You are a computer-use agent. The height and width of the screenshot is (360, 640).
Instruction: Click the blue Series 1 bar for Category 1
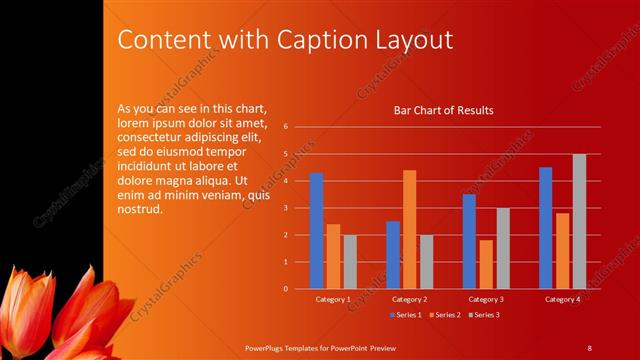(316, 231)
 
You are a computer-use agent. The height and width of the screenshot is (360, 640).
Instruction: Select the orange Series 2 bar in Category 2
(409, 229)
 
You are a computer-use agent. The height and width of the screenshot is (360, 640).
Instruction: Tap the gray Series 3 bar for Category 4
(579, 221)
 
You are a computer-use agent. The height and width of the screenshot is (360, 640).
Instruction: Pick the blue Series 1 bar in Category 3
(469, 241)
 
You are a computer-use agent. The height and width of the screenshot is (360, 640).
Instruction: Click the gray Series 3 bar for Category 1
(350, 262)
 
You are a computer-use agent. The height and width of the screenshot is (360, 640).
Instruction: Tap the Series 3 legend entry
(483, 315)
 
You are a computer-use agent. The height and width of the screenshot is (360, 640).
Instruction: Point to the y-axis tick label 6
(286, 127)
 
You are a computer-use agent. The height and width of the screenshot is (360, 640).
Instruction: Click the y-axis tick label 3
(286, 208)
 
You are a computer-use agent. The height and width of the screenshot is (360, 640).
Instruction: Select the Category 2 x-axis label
(409, 299)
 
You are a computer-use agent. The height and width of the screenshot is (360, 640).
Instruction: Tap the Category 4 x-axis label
(562, 299)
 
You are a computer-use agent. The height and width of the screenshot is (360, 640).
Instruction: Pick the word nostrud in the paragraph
(139, 209)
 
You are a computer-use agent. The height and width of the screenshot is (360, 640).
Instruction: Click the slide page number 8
(589, 347)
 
